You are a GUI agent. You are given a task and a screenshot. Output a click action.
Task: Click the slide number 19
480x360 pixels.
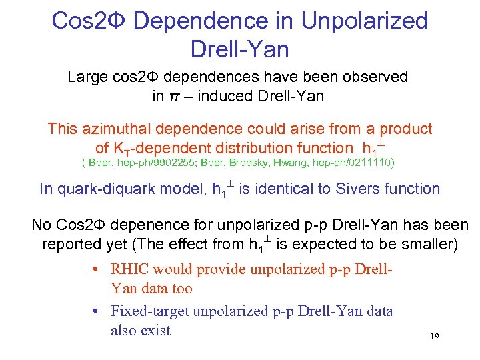(x=434, y=337)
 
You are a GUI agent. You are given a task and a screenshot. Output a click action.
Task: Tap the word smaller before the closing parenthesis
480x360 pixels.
(x=428, y=245)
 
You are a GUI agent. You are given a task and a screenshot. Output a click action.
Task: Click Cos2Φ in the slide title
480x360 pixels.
(x=89, y=21)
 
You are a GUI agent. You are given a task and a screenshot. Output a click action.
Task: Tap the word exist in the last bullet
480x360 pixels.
(x=155, y=330)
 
